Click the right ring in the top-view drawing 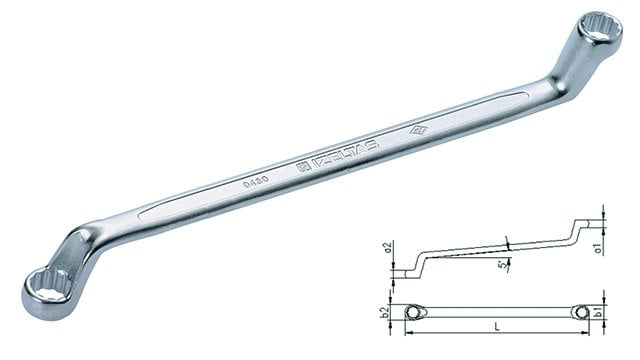click(x=584, y=313)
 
